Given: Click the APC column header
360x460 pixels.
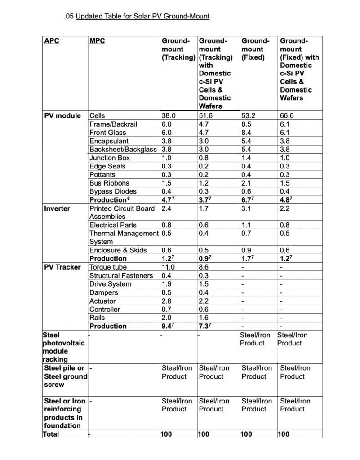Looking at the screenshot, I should (52, 41).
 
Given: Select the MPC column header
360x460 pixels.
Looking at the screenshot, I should (97, 41).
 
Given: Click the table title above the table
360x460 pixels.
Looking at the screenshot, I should (142, 17).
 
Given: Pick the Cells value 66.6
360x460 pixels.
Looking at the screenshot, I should (288, 115).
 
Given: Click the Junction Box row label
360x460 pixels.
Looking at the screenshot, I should (110, 158).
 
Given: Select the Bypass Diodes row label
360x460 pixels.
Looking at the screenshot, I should (113, 191).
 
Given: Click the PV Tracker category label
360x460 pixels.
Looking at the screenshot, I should (62, 267).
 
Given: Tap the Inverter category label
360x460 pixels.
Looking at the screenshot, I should (57, 208).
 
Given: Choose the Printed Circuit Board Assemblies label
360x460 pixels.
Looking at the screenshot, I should (122, 212).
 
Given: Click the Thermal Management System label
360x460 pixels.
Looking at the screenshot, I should (124, 238).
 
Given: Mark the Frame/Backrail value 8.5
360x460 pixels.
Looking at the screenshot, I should (248, 124).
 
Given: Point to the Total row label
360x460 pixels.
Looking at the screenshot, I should (51, 434).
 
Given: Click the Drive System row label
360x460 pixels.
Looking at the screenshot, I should (111, 284).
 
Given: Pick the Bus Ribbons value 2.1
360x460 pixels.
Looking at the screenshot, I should (247, 183).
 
